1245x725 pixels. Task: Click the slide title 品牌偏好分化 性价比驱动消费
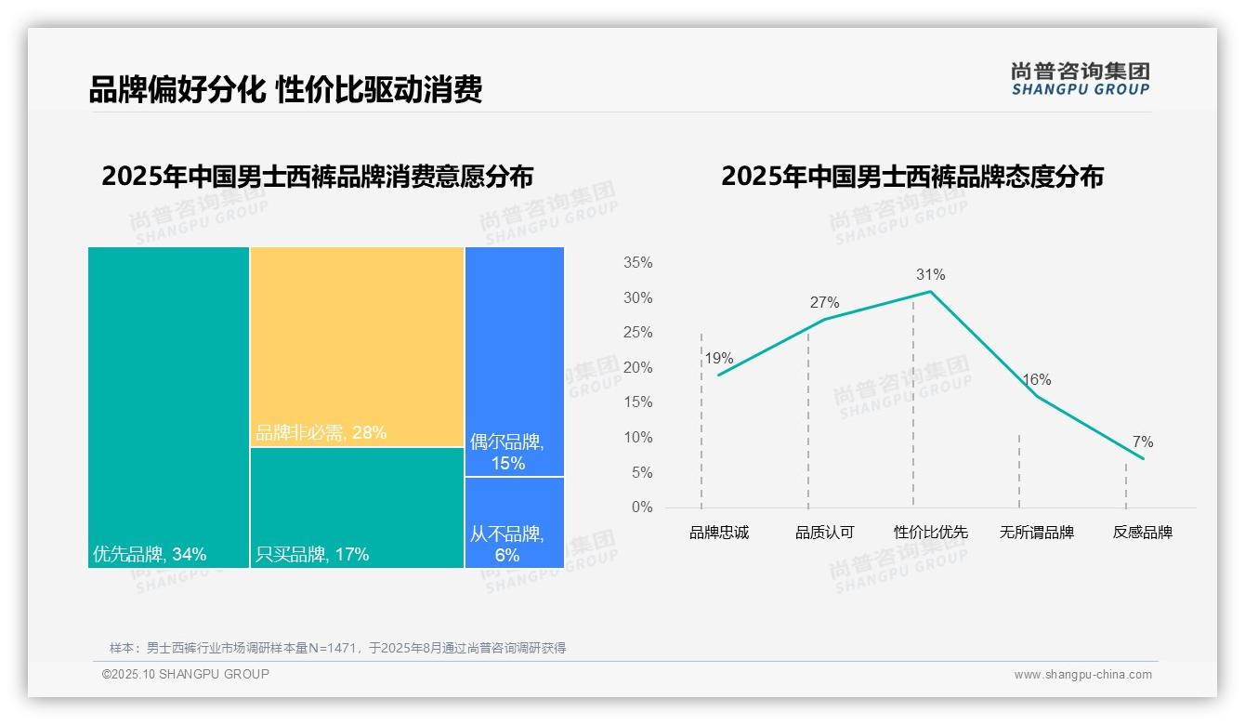click(x=285, y=89)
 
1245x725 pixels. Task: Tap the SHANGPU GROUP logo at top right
click(x=1080, y=79)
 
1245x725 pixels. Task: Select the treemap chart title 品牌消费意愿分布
click(x=317, y=176)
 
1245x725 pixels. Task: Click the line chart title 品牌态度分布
click(x=911, y=176)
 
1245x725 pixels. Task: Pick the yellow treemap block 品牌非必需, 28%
click(x=357, y=346)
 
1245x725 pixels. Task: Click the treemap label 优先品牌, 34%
click(x=150, y=555)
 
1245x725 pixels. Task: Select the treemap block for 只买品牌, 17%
click(x=357, y=507)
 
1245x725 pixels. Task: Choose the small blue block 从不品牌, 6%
click(x=514, y=521)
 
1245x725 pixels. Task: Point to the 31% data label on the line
click(x=930, y=274)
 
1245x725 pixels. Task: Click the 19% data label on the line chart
click(x=718, y=358)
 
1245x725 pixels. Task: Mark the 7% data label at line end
click(x=1142, y=442)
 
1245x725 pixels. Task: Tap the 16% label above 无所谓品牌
click(x=1036, y=379)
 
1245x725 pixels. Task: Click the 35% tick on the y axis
click(x=637, y=263)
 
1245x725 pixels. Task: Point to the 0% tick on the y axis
click(x=641, y=507)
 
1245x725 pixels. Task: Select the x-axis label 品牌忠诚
click(x=718, y=533)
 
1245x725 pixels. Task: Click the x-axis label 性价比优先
click(x=930, y=533)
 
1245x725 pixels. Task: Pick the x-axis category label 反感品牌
click(x=1142, y=533)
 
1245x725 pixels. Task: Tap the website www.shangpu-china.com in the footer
click(x=1082, y=675)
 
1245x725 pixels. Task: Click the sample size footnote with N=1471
click(x=337, y=648)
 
